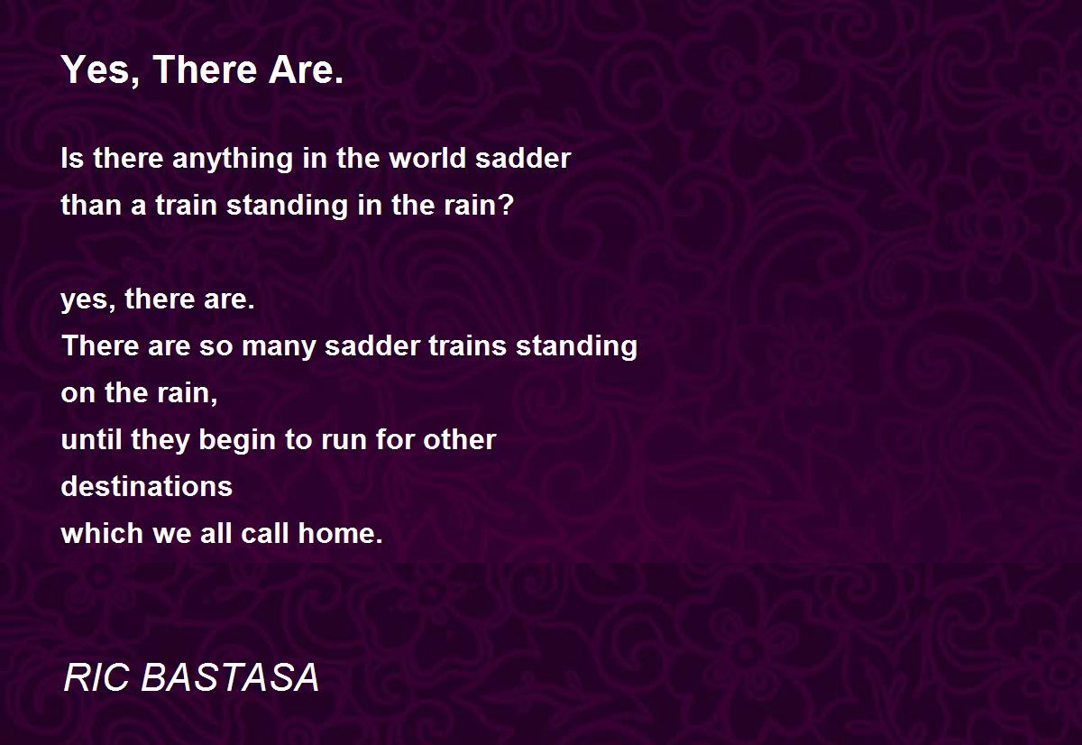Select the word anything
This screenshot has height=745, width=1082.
point(233,159)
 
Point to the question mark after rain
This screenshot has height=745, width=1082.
point(506,205)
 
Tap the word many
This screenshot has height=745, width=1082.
point(278,347)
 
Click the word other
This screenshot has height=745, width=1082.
point(459,439)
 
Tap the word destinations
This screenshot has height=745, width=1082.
point(147,486)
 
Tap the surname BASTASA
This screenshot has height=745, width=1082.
point(230,677)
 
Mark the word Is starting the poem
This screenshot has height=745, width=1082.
point(72,158)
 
